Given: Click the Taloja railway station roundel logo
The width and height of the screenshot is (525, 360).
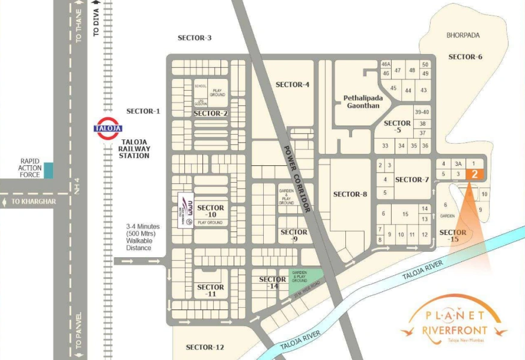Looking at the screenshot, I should [x=108, y=128].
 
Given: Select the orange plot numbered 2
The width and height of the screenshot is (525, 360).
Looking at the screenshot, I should [x=475, y=174].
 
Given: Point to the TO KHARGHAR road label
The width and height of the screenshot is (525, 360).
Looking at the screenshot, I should [x=33, y=201].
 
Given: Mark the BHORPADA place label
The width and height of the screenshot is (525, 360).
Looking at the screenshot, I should [x=463, y=35].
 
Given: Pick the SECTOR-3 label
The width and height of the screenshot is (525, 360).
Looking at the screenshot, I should [x=195, y=38].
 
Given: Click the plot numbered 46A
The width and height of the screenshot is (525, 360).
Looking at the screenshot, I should [x=386, y=64].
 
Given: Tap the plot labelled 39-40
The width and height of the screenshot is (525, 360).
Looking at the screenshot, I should [x=422, y=112].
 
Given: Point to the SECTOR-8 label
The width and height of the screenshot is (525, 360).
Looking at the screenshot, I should [x=350, y=194].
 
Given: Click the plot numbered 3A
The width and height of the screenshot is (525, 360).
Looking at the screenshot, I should [x=458, y=163].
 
